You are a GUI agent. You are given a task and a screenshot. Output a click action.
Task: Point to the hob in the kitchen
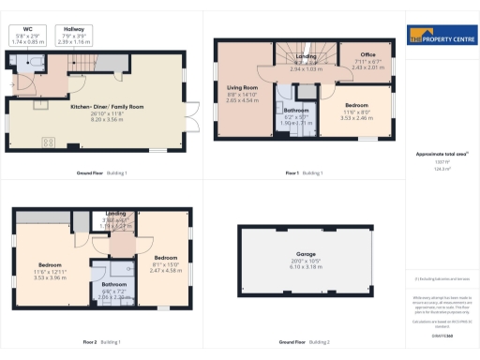click(47, 142)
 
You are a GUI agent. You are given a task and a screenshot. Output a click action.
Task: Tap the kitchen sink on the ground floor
click(41, 104)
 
